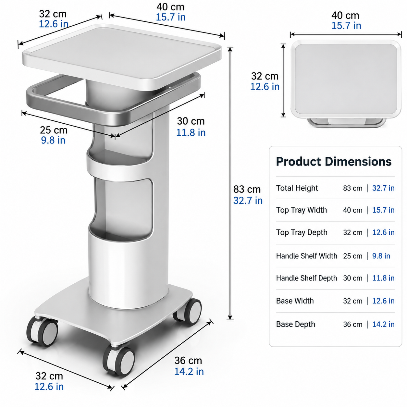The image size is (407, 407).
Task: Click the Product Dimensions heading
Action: [x=334, y=162]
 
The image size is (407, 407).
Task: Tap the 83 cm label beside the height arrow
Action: [x=247, y=189]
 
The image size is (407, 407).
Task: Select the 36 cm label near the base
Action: [x=188, y=361]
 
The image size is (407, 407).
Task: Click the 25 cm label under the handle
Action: [x=54, y=130]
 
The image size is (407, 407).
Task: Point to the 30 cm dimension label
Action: [x=191, y=121]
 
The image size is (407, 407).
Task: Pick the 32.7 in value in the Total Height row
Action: [x=383, y=188]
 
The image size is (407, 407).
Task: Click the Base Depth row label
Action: [x=295, y=324]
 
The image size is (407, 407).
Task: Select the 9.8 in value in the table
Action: [x=381, y=256]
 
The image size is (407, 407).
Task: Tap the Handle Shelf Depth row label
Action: [x=306, y=278]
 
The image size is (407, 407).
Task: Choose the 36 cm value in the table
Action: [x=352, y=324]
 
